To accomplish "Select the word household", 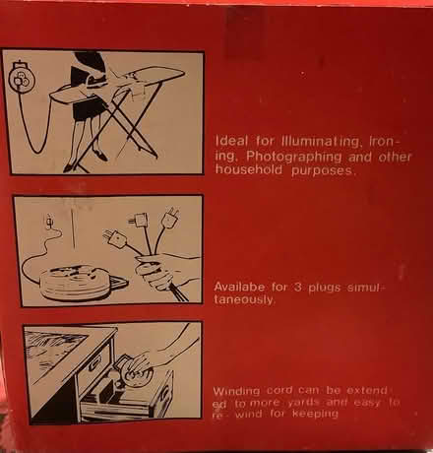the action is pos(249,169).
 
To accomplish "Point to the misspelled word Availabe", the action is pos(239,287).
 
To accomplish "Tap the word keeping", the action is pos(315,414).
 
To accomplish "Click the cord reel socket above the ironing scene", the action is pos(20,78).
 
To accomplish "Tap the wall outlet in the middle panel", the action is pos(49,222).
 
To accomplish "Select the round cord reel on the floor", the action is pos(76,283).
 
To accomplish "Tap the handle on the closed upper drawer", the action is pos(93,364).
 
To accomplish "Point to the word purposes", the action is pos(324,170).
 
